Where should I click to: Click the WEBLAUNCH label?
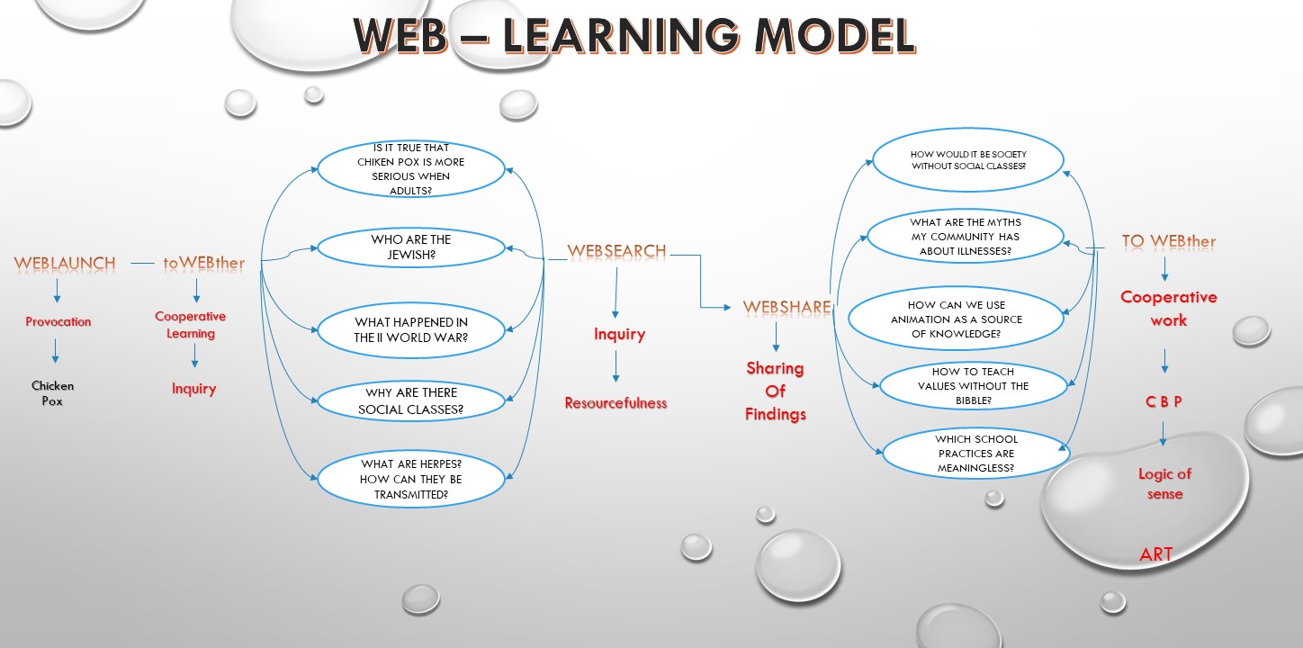65,264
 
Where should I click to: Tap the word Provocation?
58,321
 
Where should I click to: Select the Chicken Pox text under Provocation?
53,393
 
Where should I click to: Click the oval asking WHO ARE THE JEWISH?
411,247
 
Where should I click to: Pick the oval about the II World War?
411,330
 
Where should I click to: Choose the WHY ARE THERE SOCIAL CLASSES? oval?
411,401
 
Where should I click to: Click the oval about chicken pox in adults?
411,168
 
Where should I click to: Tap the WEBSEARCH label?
616,250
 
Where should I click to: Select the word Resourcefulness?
616,403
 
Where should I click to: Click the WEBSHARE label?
786,308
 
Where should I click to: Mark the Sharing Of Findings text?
776,391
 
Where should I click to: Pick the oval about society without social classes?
968,160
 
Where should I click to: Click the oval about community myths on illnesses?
965,237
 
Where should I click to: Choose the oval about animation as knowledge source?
957,319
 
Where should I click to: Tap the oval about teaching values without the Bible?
973,386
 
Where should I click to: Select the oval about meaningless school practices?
976,454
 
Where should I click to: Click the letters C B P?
1164,402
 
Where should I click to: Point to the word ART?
1156,554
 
